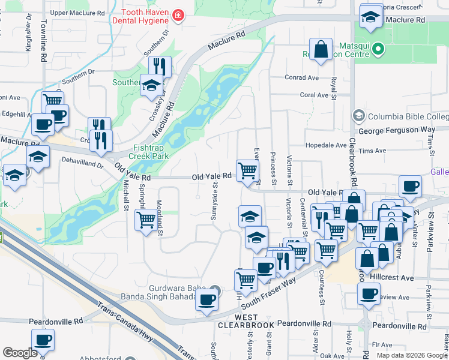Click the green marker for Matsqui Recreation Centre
[378, 48]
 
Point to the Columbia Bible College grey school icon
[359, 115]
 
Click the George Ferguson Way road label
[396, 130]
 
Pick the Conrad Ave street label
[301, 78]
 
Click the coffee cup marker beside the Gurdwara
[207, 298]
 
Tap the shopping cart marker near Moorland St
[146, 220]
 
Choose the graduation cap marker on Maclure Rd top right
[371, 16]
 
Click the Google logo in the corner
[20, 353]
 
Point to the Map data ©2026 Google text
[411, 355]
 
